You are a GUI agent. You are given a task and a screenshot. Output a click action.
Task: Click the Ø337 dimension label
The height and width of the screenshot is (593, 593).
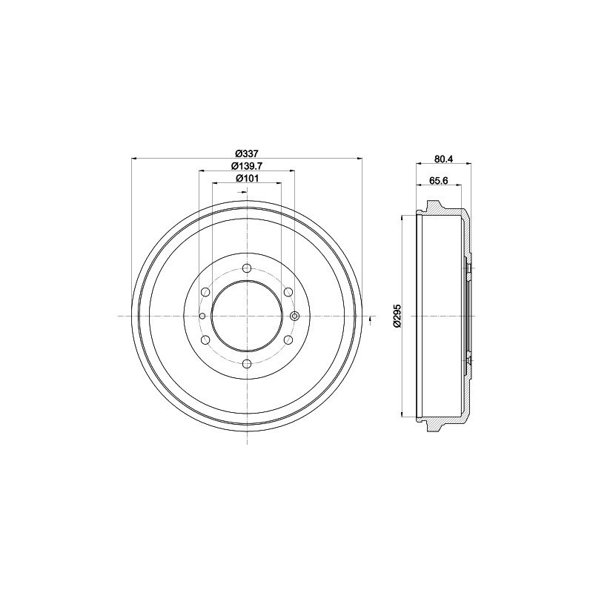point(247,153)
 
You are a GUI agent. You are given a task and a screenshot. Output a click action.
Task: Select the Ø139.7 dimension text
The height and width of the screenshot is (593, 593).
point(247,166)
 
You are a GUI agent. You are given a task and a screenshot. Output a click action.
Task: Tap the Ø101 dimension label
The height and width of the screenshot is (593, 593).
point(247,178)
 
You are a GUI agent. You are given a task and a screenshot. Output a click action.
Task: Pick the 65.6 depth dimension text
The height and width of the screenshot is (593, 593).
point(439,181)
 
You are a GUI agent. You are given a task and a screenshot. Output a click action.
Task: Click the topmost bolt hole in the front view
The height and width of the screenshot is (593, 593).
point(247,268)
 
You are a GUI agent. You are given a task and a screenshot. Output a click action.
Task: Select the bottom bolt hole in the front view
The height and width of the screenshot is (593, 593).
point(247,364)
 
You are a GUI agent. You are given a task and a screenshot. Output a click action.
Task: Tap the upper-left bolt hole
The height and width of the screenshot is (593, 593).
point(205,292)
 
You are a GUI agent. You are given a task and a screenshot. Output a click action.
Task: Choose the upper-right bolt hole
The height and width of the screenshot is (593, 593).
point(288,292)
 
